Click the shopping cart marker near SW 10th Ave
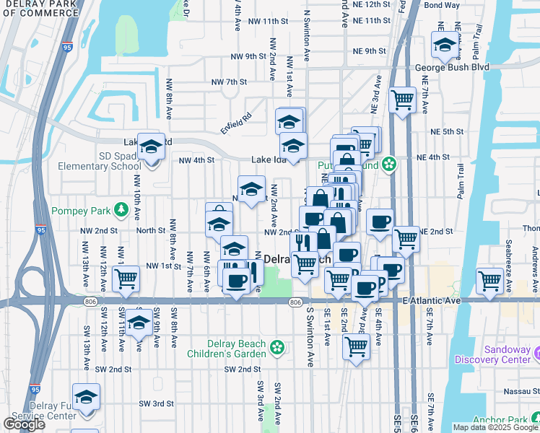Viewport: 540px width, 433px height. point(126,278)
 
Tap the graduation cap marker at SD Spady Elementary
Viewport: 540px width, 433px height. point(152,146)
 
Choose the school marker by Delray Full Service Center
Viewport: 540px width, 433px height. point(87,397)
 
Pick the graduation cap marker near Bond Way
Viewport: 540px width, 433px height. point(445,45)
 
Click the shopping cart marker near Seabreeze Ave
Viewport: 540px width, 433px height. point(490,280)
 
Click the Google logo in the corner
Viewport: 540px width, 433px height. point(24,424)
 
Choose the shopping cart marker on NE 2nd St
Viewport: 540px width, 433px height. point(406,239)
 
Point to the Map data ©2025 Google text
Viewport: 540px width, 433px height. point(495,427)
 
